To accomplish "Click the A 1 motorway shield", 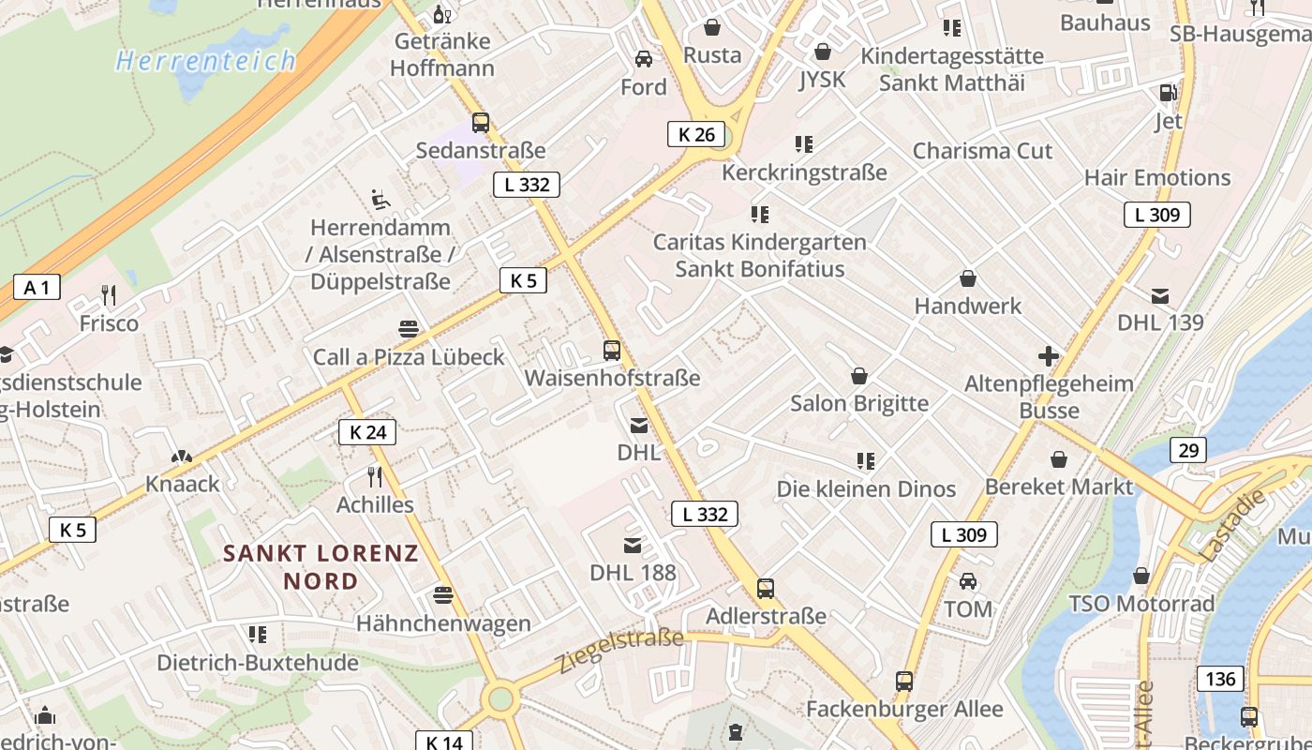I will click(x=37, y=287).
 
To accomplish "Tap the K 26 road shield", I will click(x=696, y=134).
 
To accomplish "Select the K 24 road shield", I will click(x=367, y=432).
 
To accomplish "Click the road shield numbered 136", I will click(x=1220, y=678).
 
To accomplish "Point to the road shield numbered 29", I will click(x=1188, y=450).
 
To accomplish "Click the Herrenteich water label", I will click(x=206, y=62).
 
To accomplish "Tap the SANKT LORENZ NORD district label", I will click(x=321, y=566).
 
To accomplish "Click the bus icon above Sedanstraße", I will click(x=481, y=122).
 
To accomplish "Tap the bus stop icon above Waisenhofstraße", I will click(x=612, y=351).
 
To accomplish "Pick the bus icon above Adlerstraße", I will click(x=766, y=589).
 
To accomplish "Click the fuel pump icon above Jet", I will click(x=1168, y=93).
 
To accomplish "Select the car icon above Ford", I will click(x=644, y=59).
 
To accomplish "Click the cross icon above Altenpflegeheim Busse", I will click(x=1049, y=356).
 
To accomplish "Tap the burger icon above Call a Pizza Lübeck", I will click(x=409, y=329).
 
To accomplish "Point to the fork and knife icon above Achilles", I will click(x=375, y=477).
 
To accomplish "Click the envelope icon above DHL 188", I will click(x=633, y=546).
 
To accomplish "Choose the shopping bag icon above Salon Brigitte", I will click(x=858, y=377).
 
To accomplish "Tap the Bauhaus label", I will click(x=1105, y=22).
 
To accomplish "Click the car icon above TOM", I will click(x=968, y=581).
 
